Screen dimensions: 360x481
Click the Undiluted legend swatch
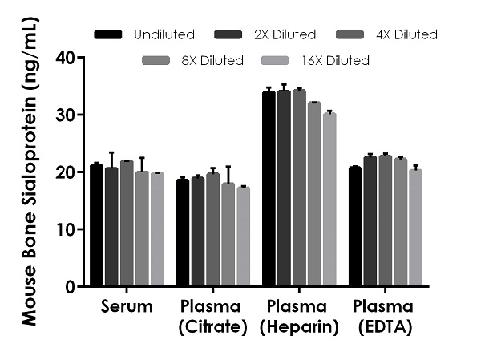tap(108, 34)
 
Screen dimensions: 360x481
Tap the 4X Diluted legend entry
tap(404, 34)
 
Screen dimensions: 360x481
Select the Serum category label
tap(127, 307)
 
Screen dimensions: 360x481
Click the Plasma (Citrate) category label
tap(212, 316)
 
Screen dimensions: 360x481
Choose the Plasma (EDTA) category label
tap(384, 316)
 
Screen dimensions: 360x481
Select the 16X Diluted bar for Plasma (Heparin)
tap(329, 200)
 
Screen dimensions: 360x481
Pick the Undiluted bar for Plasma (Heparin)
tap(269, 189)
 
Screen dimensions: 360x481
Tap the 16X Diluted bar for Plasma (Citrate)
tap(243, 237)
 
